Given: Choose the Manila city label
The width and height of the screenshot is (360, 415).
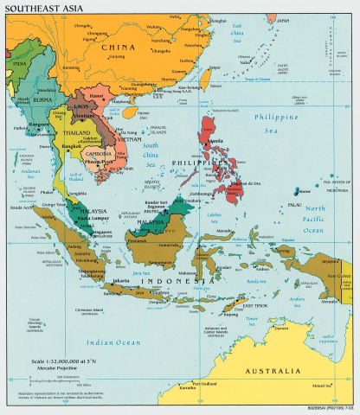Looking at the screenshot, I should pos(213,140).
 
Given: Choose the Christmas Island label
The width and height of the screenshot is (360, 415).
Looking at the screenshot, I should pos(93,309).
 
